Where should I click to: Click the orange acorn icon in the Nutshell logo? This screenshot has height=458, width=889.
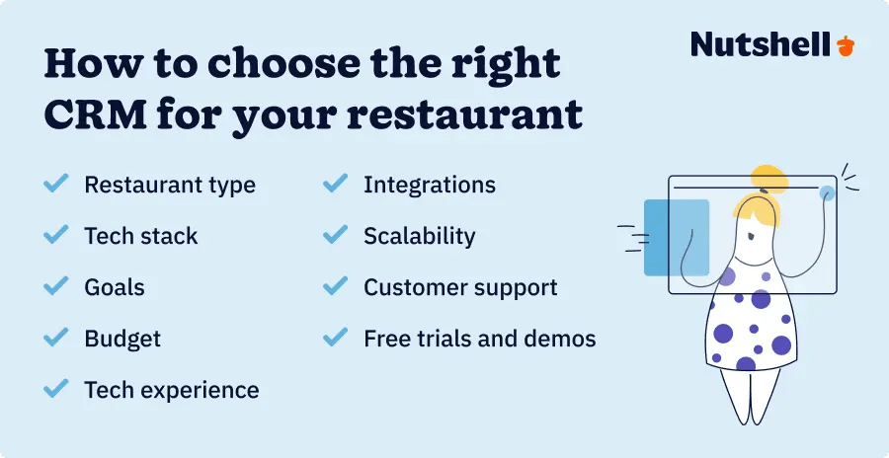[x=846, y=45]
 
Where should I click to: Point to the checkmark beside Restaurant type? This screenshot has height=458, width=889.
[x=55, y=185]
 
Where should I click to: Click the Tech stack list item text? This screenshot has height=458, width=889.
[x=141, y=236]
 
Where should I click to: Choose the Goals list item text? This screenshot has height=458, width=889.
[x=115, y=287]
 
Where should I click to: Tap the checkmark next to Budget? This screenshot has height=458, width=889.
[x=55, y=339]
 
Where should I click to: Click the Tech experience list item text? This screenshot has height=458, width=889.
[x=172, y=390]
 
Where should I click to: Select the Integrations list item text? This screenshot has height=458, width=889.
[x=430, y=185]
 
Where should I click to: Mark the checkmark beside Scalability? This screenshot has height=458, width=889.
[x=336, y=236]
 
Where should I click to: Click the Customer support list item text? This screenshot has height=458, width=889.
[x=460, y=287]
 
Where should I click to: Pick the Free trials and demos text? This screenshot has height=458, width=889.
[x=480, y=339]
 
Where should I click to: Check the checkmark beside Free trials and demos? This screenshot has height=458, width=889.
[x=336, y=339]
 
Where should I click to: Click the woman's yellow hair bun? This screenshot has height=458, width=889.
[x=768, y=179]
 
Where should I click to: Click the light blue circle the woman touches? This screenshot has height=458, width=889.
[x=826, y=192]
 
